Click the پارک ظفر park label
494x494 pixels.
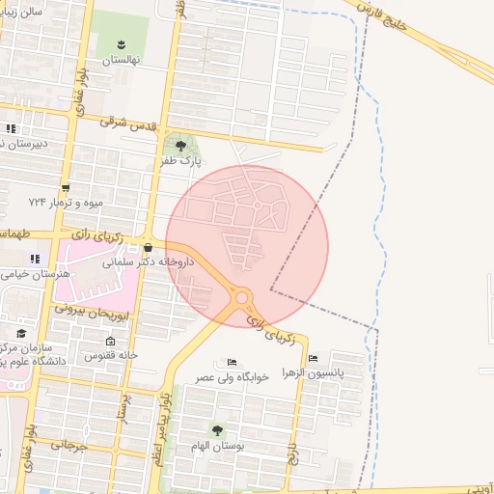click(x=182, y=162)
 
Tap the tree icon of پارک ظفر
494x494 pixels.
click(x=179, y=146)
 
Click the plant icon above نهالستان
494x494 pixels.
click(x=122, y=44)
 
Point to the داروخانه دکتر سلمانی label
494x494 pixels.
click(x=157, y=261)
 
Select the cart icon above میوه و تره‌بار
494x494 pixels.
click(x=65, y=188)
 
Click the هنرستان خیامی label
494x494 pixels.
click(x=27, y=275)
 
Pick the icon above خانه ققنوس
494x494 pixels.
click(x=110, y=341)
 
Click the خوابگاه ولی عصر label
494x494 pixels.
click(x=233, y=376)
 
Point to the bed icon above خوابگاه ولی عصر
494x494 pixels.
click(x=232, y=363)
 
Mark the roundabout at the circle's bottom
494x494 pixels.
click(x=241, y=298)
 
